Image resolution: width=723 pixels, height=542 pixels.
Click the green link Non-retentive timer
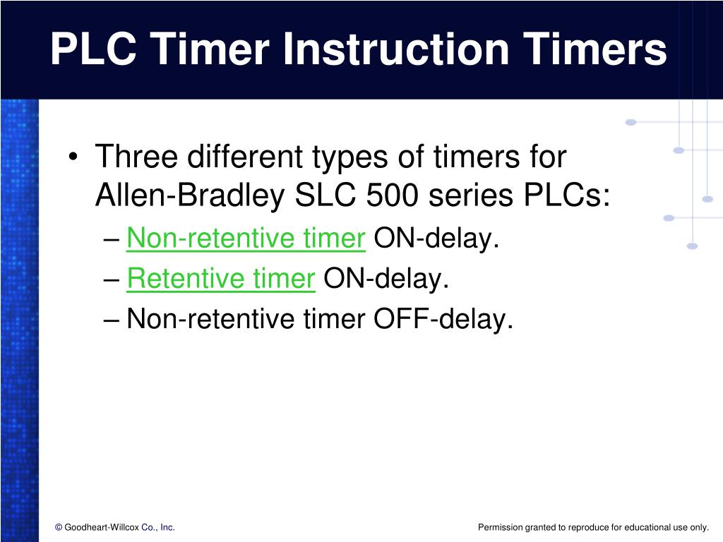[246, 240]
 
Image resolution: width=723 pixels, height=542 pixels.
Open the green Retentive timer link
[220, 280]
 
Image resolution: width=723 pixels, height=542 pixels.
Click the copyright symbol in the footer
[59, 527]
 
